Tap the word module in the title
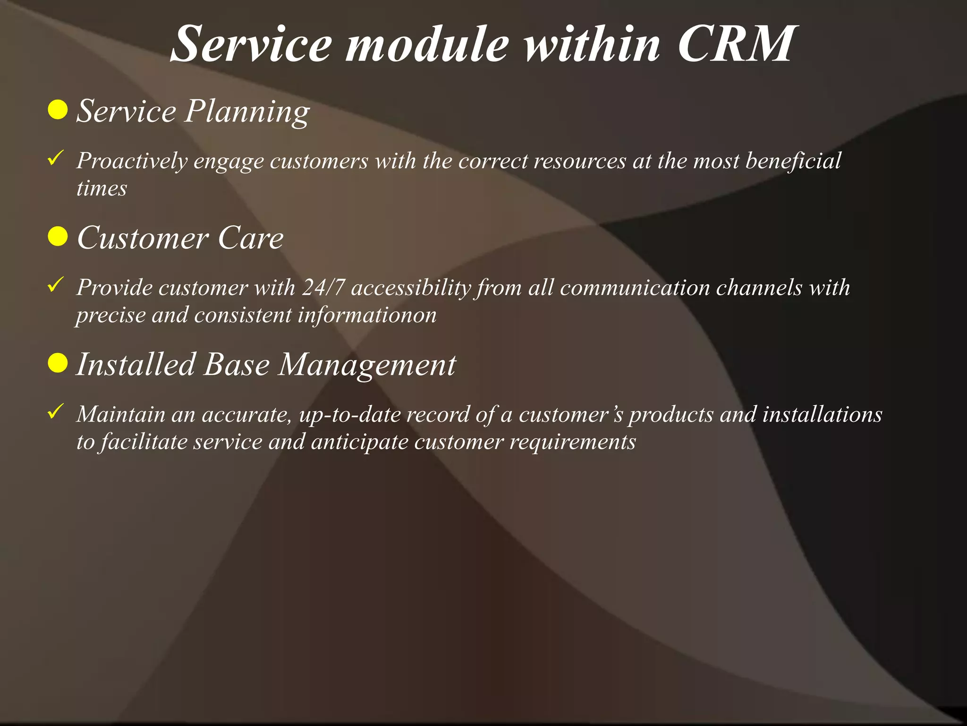pyautogui.click(x=427, y=44)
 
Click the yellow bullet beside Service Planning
pyautogui.click(x=58, y=110)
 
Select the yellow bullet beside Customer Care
pyautogui.click(x=58, y=236)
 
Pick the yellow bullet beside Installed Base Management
pyautogui.click(x=58, y=363)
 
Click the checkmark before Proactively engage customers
pyautogui.click(x=56, y=158)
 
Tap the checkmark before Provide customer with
pyautogui.click(x=56, y=285)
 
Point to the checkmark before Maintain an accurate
pyautogui.click(x=56, y=412)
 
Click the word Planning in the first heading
pyautogui.click(x=246, y=112)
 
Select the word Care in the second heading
pyautogui.click(x=250, y=238)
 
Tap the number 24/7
pyautogui.click(x=323, y=287)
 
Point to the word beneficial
pyautogui.click(x=793, y=161)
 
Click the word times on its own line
pyautogui.click(x=102, y=189)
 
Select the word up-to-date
pyautogui.click(x=350, y=415)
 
